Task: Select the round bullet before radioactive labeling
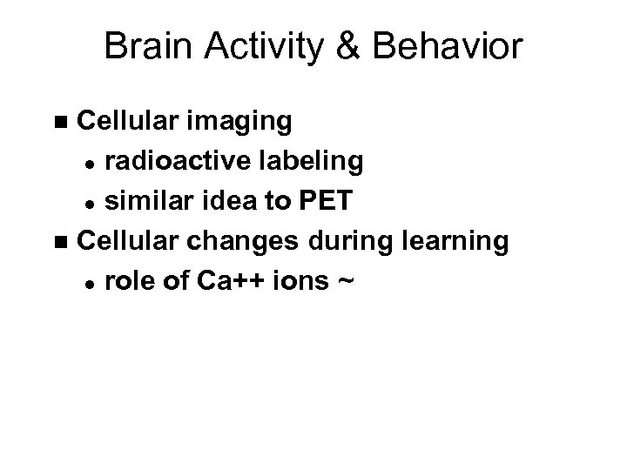[89, 163]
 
